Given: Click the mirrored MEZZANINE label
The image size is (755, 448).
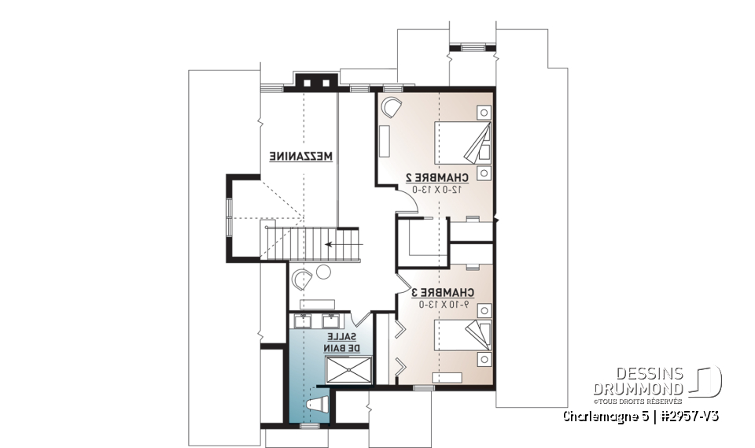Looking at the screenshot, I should (302, 157).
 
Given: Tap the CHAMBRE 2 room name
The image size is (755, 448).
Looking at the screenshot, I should (436, 177).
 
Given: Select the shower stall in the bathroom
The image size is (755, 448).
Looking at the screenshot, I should (348, 369).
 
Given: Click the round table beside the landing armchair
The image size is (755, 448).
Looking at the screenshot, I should (323, 274).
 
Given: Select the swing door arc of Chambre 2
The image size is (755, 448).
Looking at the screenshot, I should (407, 203).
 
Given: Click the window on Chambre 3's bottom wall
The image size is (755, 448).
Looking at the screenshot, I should (424, 388).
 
